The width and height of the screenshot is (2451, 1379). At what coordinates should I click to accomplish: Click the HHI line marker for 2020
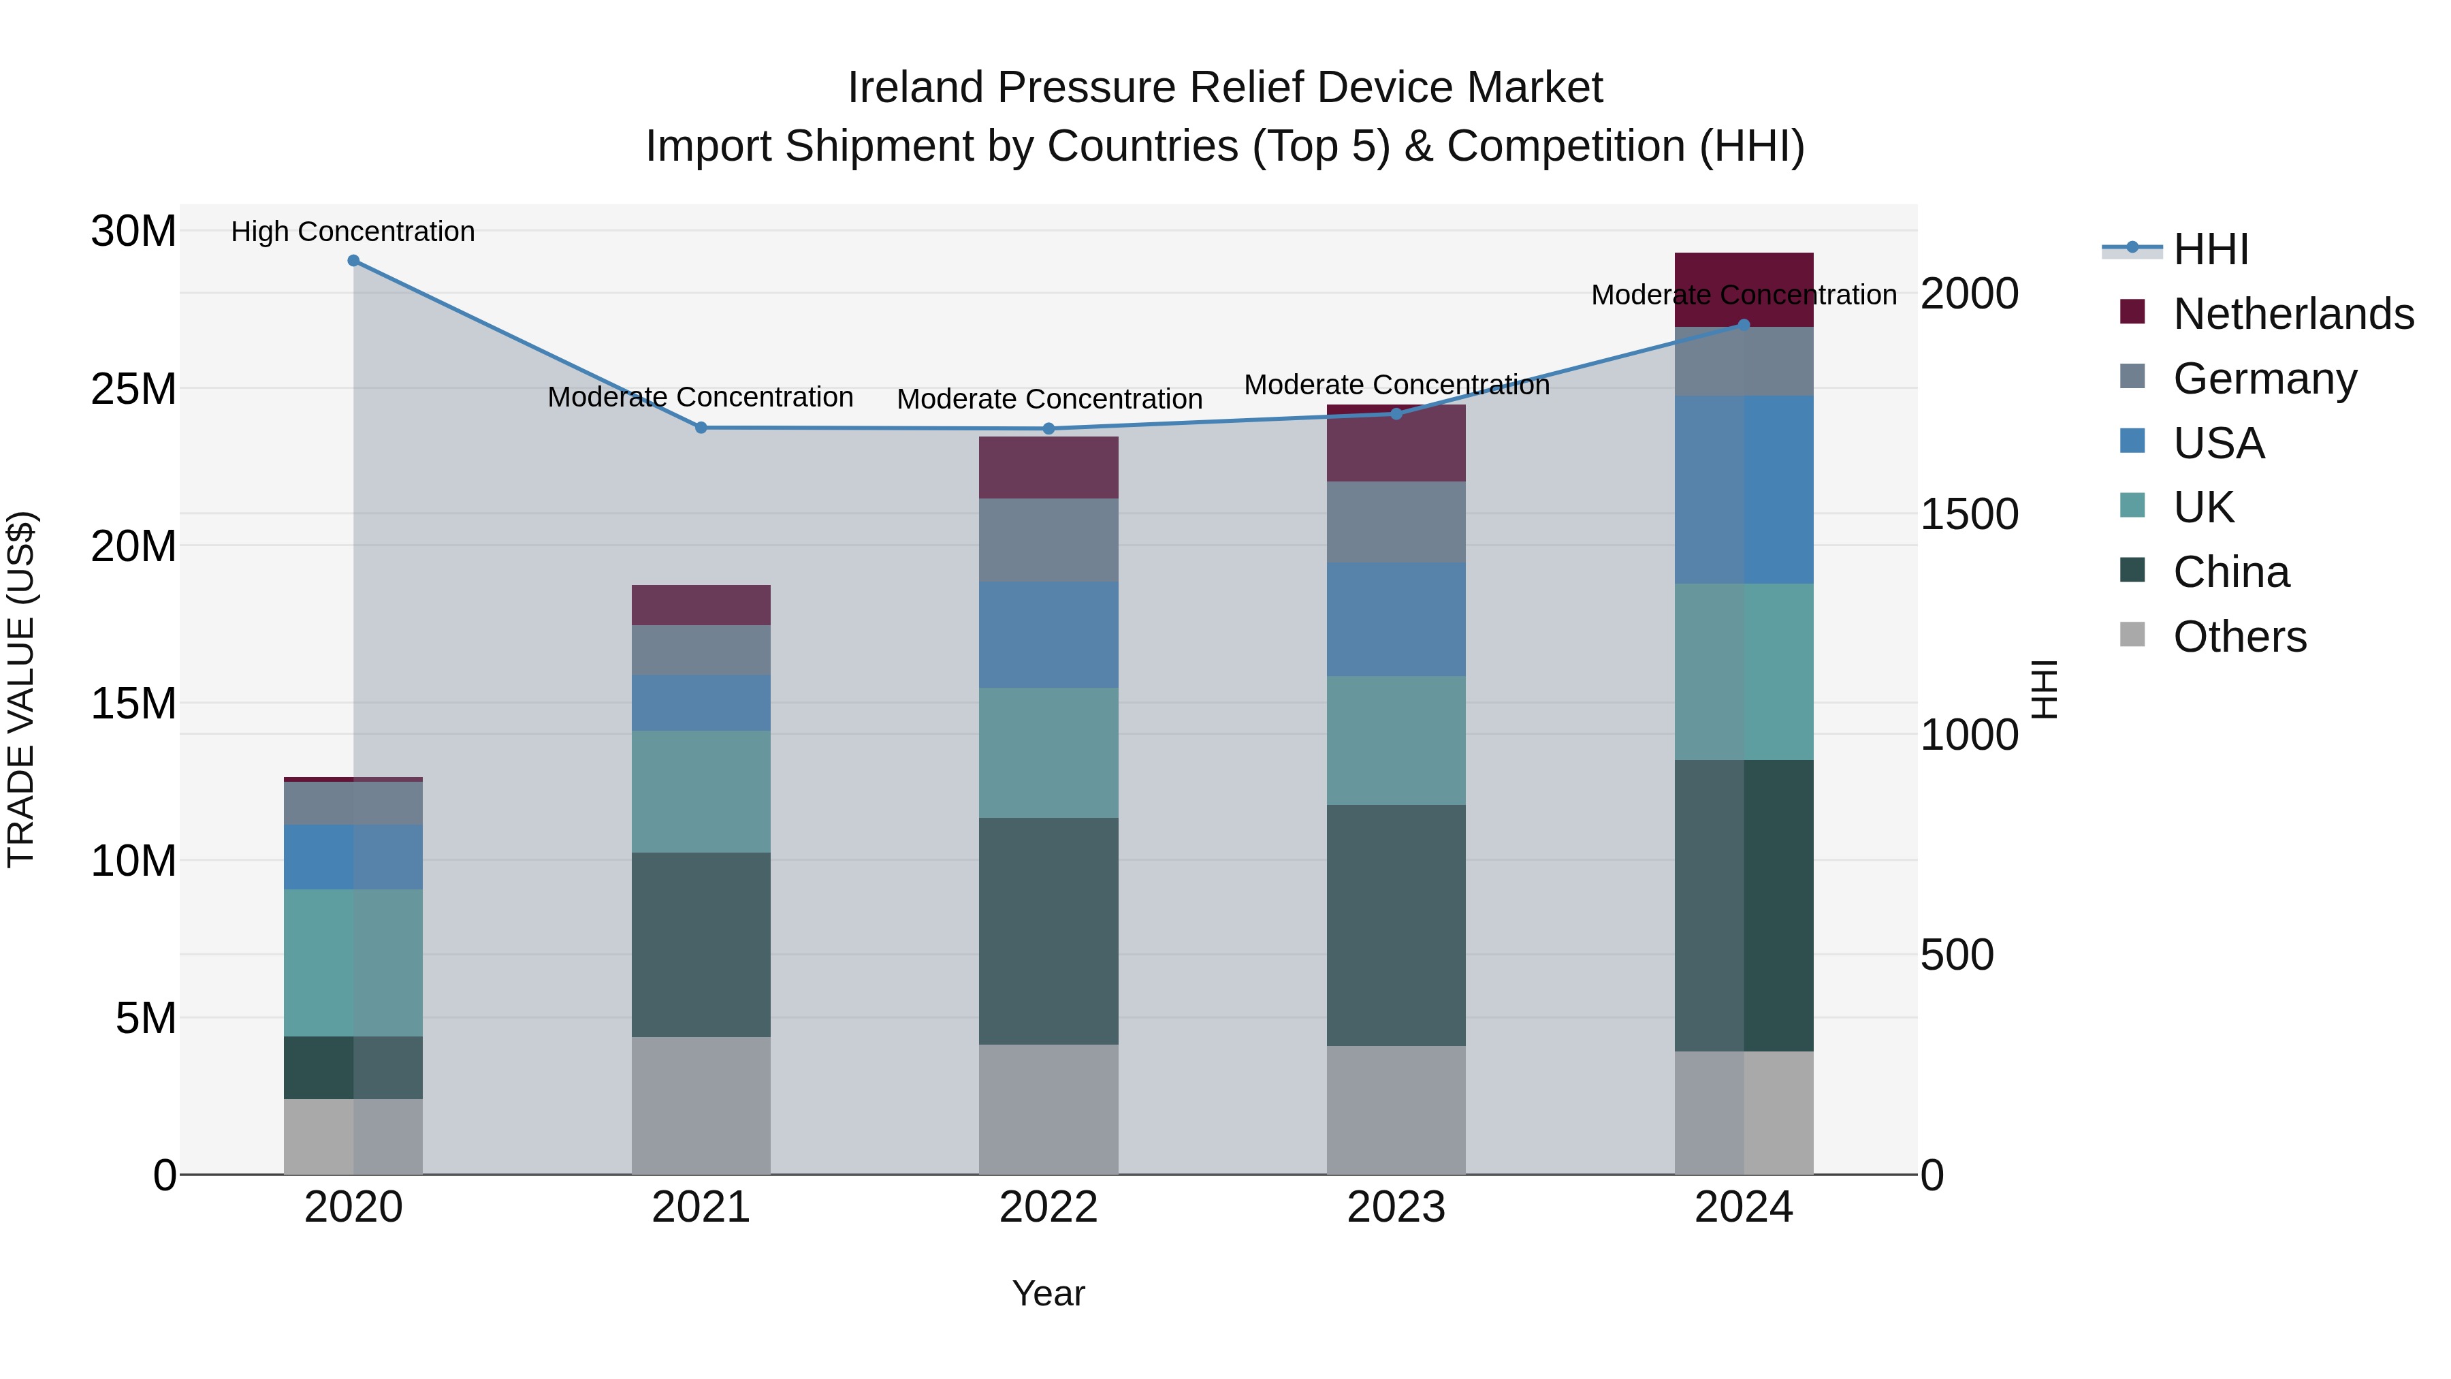(x=353, y=261)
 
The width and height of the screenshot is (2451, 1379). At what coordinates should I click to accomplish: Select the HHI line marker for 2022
(x=1048, y=429)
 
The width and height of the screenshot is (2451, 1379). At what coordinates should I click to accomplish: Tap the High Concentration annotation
(x=352, y=232)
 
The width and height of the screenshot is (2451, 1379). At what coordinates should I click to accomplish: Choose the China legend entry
(x=2230, y=572)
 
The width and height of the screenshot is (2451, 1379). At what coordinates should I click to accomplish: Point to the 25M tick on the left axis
(x=133, y=390)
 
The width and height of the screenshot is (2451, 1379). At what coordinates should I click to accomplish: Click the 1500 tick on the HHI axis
(x=1968, y=515)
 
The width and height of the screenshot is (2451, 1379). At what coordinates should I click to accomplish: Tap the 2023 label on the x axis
(x=1396, y=1207)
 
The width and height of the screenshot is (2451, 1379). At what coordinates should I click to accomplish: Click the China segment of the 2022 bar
(x=1048, y=931)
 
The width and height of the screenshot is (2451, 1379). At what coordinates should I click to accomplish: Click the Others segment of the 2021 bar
(x=701, y=1105)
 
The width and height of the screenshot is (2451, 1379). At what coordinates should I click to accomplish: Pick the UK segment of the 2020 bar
(x=353, y=962)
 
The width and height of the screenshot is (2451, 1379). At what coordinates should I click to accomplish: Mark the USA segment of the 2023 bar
(x=1396, y=620)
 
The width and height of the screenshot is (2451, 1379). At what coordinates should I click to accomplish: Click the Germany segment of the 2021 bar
(x=701, y=650)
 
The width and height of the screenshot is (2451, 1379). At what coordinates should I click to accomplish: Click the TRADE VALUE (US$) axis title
(x=22, y=689)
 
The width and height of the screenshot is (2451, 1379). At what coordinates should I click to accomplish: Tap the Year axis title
(x=1048, y=1293)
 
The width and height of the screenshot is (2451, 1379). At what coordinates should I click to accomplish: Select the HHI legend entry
(x=2210, y=249)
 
